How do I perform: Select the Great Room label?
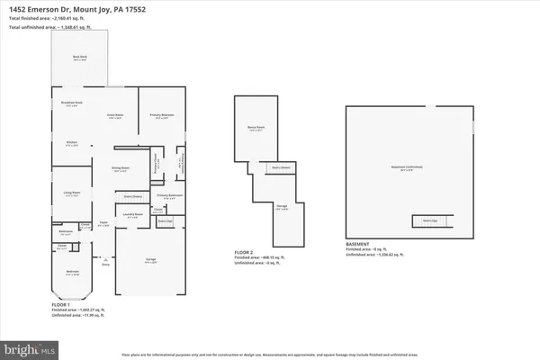(x=115, y=114)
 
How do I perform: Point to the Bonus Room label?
(x=254, y=129)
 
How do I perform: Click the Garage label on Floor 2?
(x=282, y=210)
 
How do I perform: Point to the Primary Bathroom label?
(x=169, y=195)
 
